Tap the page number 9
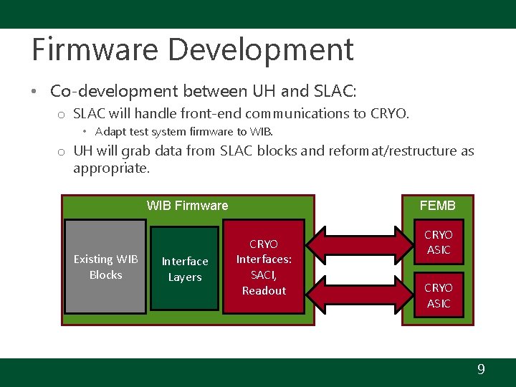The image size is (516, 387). pyautogui.click(x=481, y=370)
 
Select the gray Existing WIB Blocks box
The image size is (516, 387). pyautogui.click(x=105, y=267)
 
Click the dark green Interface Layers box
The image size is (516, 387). pyautogui.click(x=185, y=269)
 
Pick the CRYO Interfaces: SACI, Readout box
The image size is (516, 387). pyautogui.click(x=264, y=267)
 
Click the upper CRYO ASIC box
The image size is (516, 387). pyautogui.click(x=439, y=242)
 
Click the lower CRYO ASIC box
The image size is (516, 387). pyautogui.click(x=439, y=295)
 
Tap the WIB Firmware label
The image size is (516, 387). pyautogui.click(x=187, y=206)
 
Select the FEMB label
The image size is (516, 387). pyautogui.click(x=437, y=206)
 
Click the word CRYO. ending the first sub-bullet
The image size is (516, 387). pyautogui.click(x=391, y=113)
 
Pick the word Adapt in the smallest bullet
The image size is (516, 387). pyautogui.click(x=110, y=132)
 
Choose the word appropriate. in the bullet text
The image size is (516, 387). pyautogui.click(x=111, y=168)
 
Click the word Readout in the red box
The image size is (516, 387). pyautogui.click(x=264, y=290)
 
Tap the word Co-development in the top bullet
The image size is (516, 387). pyautogui.click(x=114, y=92)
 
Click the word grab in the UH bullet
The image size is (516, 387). pyautogui.click(x=138, y=150)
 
